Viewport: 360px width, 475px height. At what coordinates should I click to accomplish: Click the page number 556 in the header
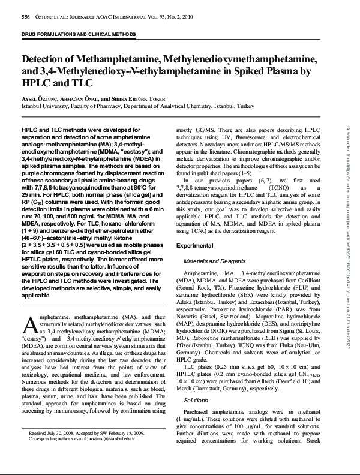(x=26, y=18)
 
